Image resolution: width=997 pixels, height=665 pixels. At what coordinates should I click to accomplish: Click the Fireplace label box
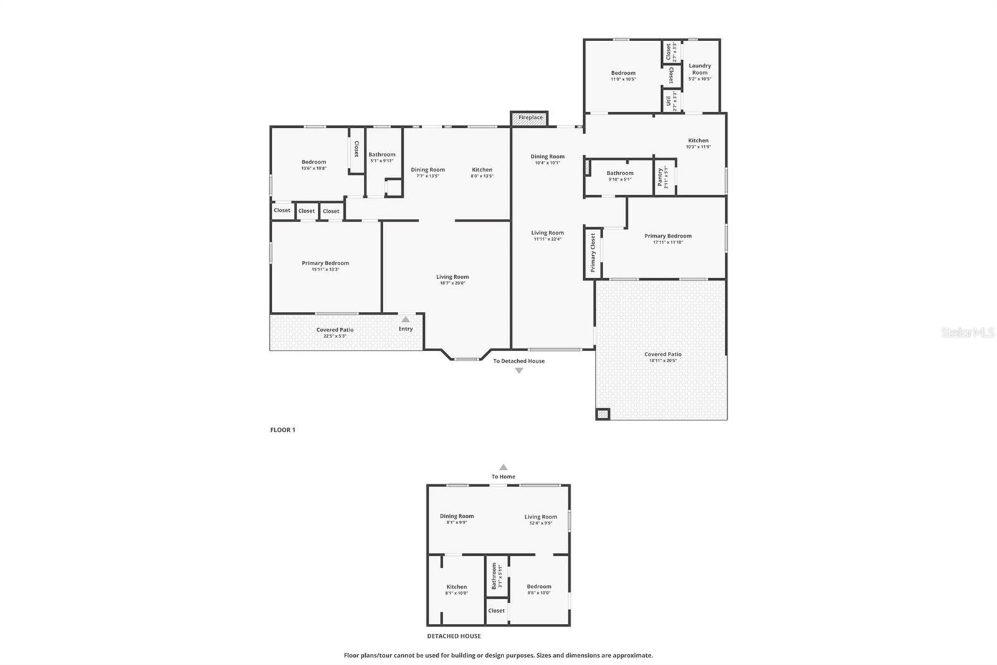click(530, 118)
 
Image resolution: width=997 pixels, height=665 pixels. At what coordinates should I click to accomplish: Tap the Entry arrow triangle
click(406, 319)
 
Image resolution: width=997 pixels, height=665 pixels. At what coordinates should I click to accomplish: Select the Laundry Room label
click(700, 69)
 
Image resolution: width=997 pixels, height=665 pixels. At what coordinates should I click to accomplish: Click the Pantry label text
click(660, 177)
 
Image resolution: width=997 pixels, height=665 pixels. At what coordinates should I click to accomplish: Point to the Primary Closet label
click(593, 253)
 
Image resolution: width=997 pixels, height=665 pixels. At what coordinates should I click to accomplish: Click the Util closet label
click(668, 100)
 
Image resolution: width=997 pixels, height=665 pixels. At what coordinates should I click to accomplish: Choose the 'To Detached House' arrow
click(518, 371)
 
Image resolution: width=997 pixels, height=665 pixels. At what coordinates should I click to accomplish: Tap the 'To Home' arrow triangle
click(503, 467)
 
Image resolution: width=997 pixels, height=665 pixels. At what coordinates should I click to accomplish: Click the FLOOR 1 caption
click(282, 430)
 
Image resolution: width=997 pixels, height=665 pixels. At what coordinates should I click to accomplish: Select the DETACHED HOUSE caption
click(454, 636)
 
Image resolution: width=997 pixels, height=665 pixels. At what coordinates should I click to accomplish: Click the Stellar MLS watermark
click(967, 333)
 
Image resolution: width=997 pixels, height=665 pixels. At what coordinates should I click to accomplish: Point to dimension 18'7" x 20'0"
click(452, 283)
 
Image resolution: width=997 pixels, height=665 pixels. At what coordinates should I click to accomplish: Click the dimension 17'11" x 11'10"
click(668, 242)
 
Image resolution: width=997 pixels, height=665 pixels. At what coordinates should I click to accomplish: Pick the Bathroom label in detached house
click(494, 576)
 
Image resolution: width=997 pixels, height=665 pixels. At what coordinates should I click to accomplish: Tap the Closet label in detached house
click(497, 611)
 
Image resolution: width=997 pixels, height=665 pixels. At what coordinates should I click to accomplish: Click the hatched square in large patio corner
click(603, 414)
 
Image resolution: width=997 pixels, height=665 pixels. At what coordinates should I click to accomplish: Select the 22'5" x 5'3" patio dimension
click(335, 336)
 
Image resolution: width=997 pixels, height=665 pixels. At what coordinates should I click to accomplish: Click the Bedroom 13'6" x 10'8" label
click(313, 162)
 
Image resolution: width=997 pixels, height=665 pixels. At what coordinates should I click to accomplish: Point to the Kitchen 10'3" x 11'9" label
click(698, 141)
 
